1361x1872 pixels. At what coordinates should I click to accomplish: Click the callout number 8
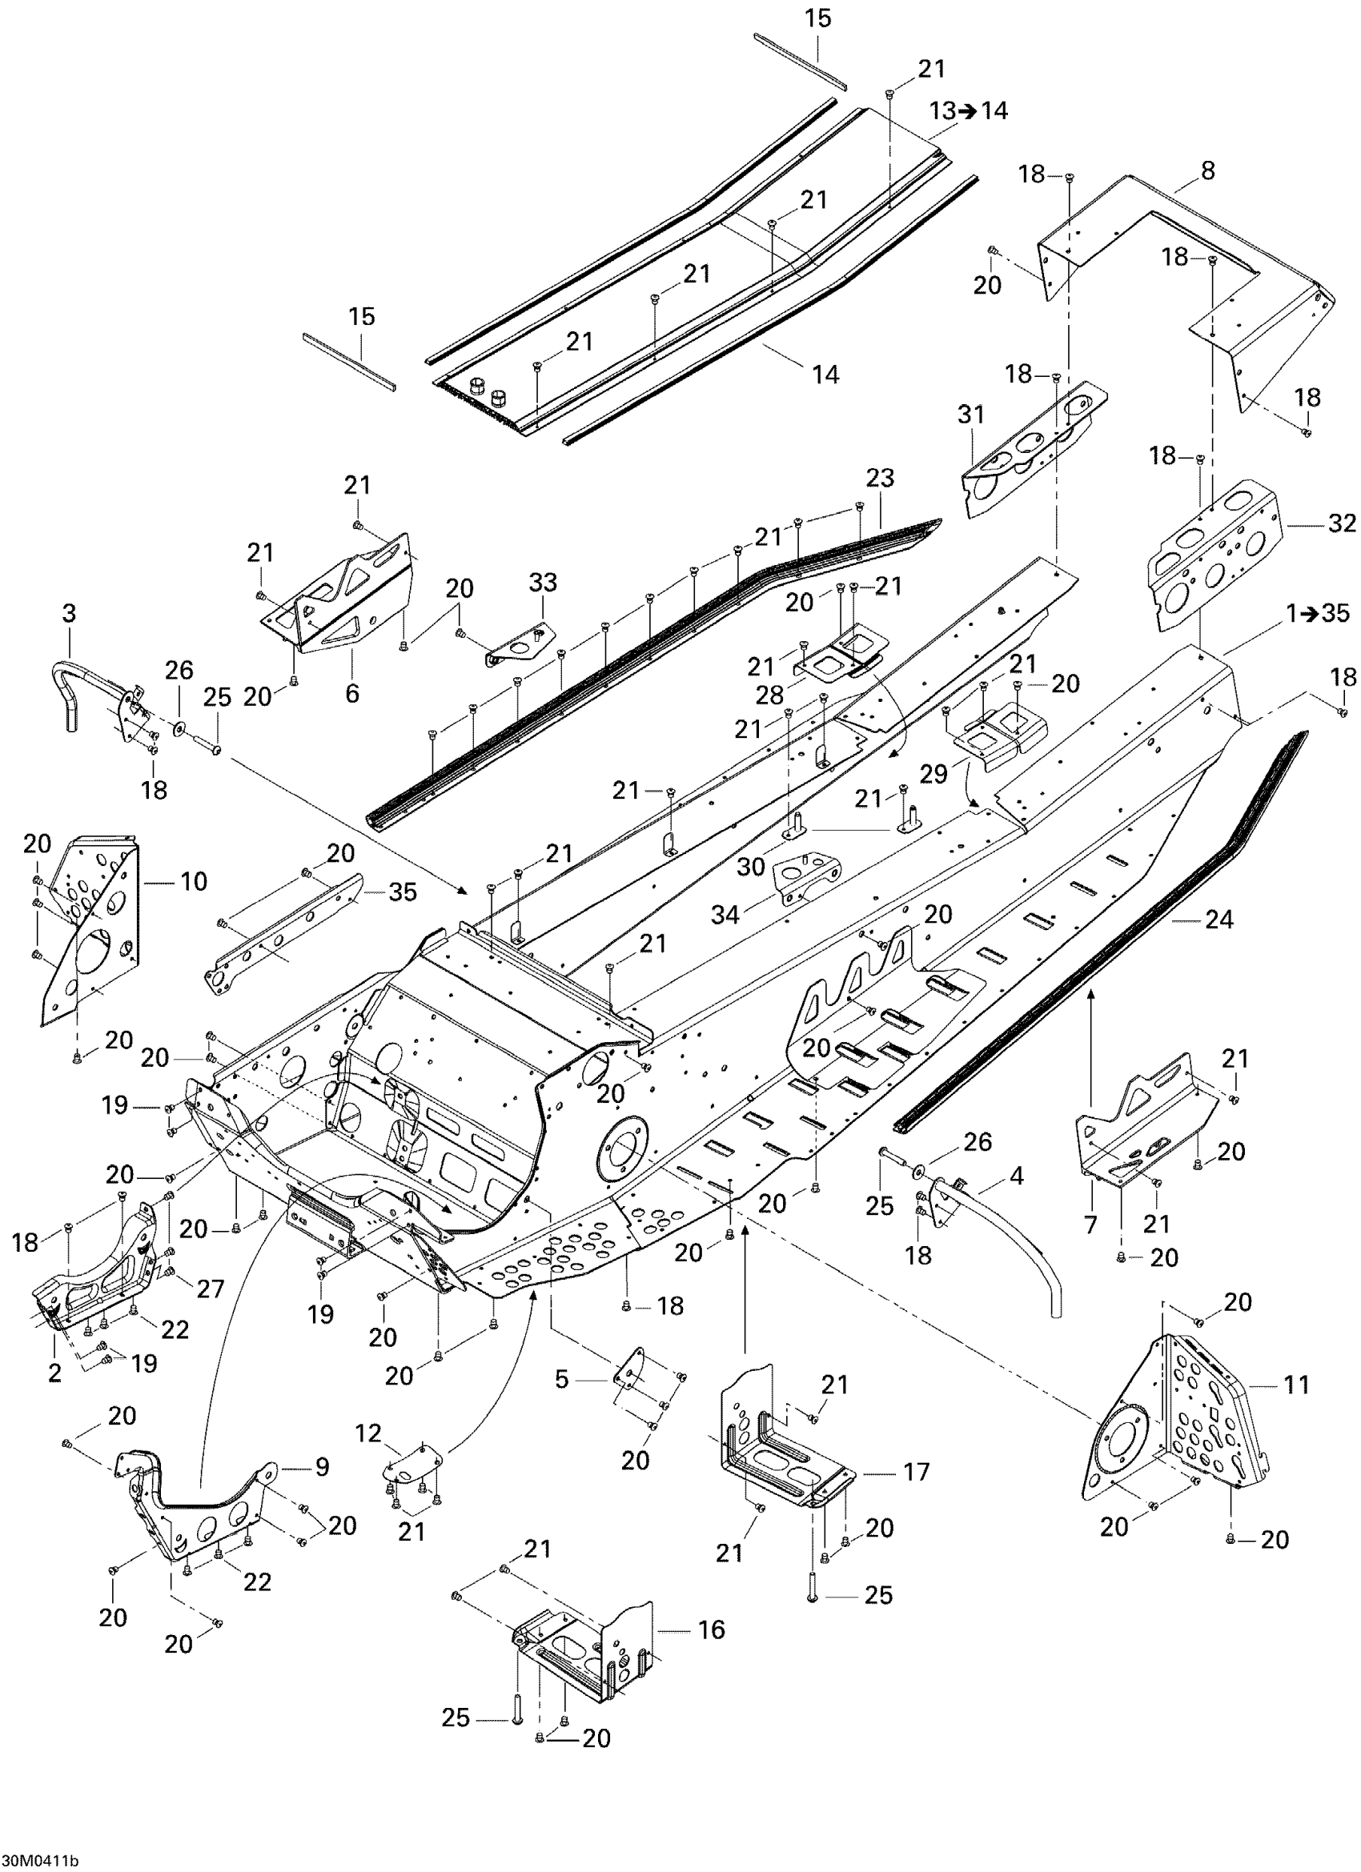click(x=1208, y=172)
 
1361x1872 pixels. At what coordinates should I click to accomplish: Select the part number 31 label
click(x=971, y=414)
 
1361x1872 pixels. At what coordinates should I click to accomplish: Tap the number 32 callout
click(x=1342, y=523)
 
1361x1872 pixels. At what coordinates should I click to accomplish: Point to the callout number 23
click(x=881, y=478)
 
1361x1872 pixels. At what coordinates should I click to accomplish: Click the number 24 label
click(x=1219, y=919)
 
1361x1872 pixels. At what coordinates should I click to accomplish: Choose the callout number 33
click(x=543, y=583)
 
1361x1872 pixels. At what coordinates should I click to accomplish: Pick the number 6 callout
click(x=352, y=693)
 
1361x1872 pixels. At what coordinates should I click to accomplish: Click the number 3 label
click(x=69, y=613)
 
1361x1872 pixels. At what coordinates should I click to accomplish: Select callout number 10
click(x=194, y=881)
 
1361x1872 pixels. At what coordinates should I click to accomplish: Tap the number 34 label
click(x=727, y=915)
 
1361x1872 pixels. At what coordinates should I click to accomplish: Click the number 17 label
click(x=916, y=1472)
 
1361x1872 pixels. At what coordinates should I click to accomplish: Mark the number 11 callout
click(x=1296, y=1384)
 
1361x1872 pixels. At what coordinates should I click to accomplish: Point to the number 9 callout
click(x=321, y=1467)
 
